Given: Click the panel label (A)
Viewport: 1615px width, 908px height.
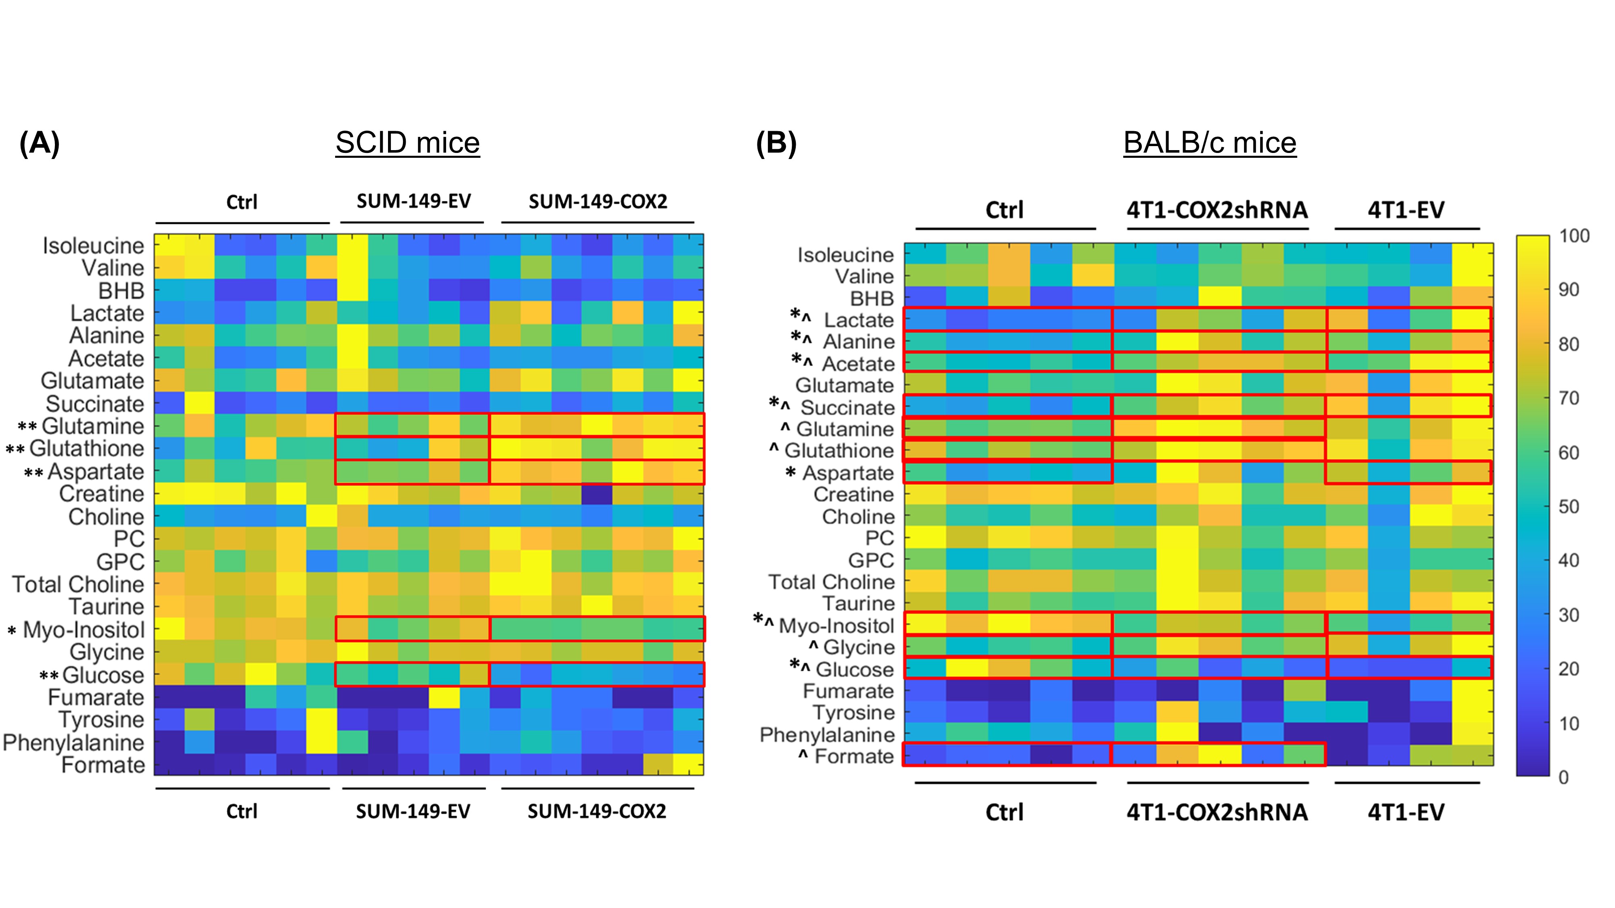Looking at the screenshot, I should [40, 144].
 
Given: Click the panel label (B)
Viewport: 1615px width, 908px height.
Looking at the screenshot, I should [776, 144].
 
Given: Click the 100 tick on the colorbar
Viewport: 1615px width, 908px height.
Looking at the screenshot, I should [1574, 236].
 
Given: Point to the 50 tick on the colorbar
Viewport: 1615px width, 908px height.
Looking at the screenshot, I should [1569, 506].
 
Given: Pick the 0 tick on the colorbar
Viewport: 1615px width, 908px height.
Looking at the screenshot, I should [1564, 777].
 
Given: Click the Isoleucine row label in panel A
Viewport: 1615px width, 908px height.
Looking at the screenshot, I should [93, 246].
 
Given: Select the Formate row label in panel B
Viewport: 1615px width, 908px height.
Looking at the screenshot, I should [854, 756].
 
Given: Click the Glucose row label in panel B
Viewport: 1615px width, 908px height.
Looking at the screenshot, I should [854, 669].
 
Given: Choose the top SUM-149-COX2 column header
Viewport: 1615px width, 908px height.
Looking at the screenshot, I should [598, 202].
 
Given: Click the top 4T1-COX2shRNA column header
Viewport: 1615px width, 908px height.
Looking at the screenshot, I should [1217, 210].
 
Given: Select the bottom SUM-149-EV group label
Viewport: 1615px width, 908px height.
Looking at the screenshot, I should [413, 812].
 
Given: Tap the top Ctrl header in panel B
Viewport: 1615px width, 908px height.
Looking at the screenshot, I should [1005, 210].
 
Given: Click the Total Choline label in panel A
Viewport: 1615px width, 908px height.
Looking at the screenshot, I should [78, 584].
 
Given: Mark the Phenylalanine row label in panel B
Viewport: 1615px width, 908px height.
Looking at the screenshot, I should [827, 734].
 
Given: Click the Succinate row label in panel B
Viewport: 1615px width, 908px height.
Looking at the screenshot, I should [847, 407].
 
